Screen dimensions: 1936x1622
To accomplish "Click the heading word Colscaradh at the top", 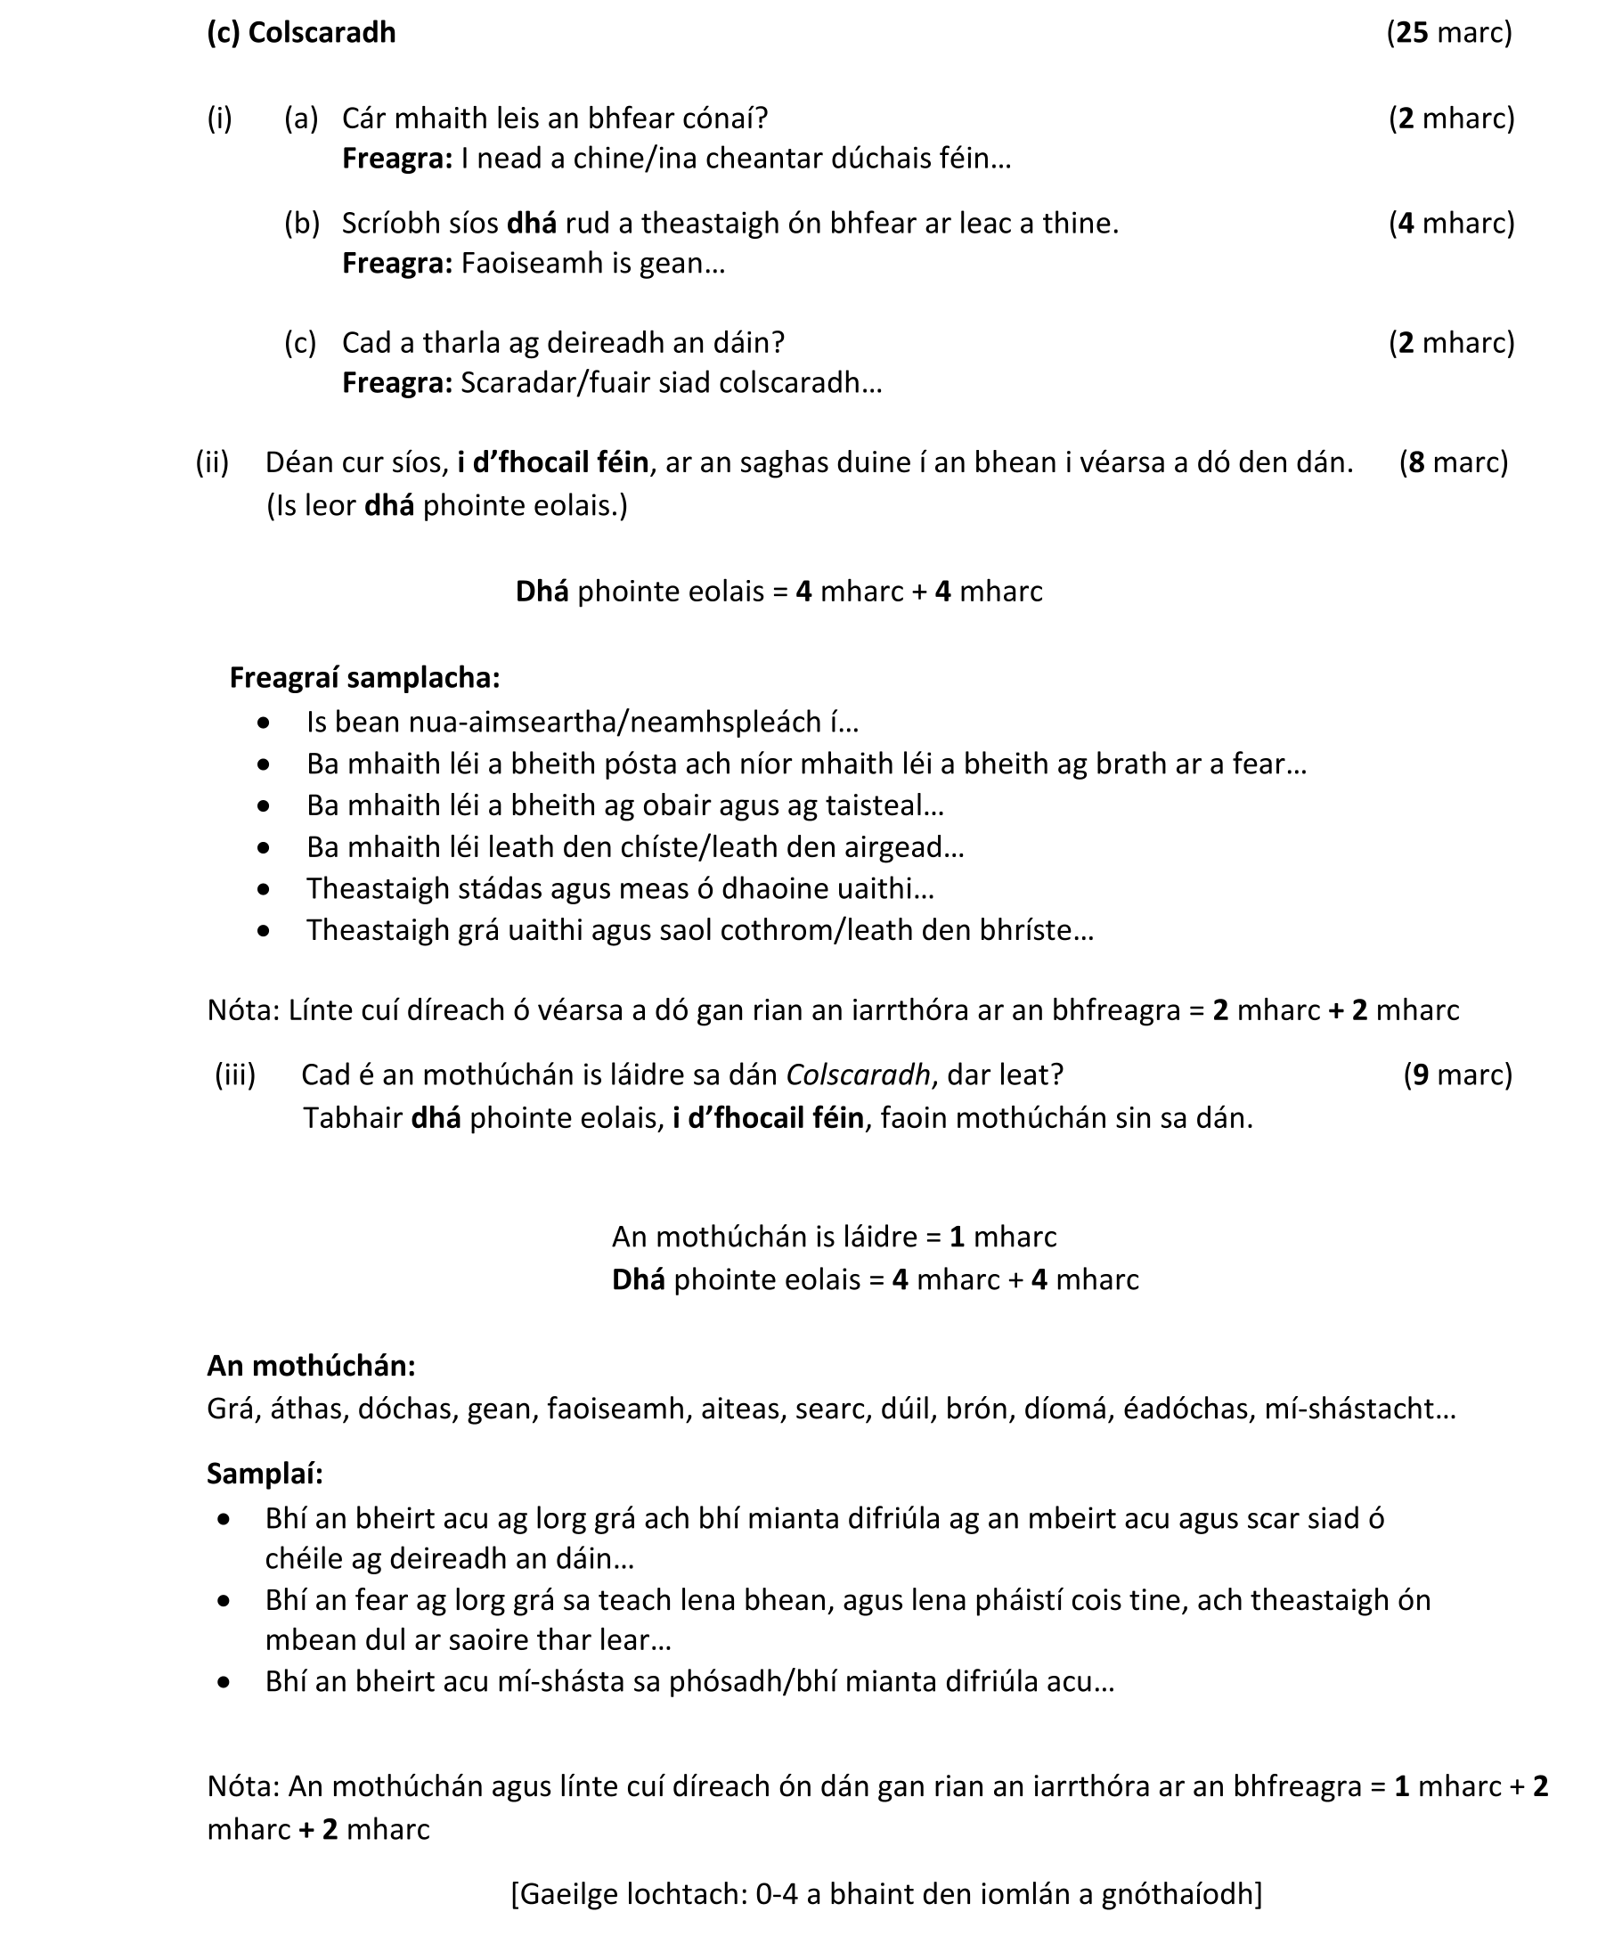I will (322, 32).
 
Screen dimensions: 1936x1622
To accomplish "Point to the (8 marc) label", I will (1454, 462).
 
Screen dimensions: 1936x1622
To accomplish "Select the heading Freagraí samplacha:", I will (364, 678).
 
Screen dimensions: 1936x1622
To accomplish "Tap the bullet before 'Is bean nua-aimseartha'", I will (265, 723).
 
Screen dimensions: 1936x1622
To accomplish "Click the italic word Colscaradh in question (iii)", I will (857, 1075).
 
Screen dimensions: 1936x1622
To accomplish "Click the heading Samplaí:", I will (265, 1474).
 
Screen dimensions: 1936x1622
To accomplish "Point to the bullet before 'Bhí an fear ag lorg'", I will (224, 1601).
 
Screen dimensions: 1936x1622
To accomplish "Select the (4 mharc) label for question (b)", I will (1452, 223).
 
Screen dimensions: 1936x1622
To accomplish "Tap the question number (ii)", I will (212, 462).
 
